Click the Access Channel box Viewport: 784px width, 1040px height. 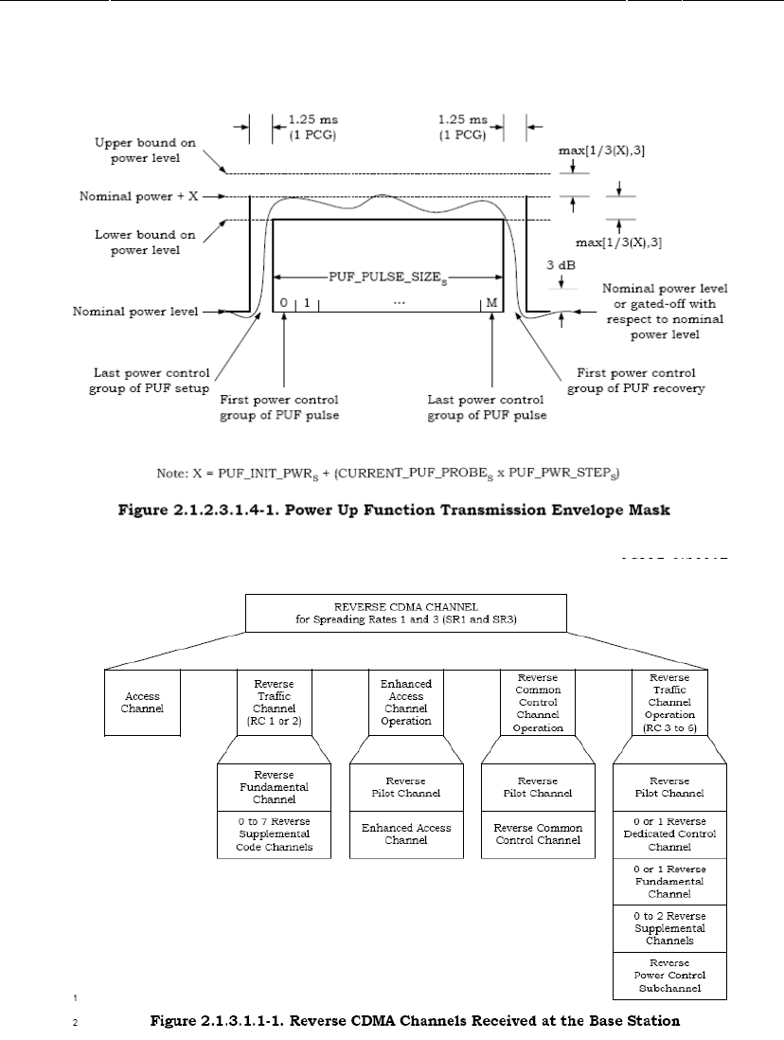pyautogui.click(x=141, y=702)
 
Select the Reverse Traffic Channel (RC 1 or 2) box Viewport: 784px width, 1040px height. pyautogui.click(x=274, y=702)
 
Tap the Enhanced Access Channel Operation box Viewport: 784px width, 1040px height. pyautogui.click(x=406, y=702)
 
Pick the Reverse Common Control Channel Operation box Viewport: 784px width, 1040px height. pyautogui.click(x=538, y=702)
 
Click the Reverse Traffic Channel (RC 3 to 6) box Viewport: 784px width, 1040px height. pyautogui.click(x=670, y=702)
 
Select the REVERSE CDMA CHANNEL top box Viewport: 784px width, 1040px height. pyautogui.click(x=405, y=613)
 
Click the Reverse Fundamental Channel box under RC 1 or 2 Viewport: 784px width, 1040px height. pyautogui.click(x=274, y=787)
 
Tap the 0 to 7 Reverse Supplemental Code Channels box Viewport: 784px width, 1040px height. pyautogui.click(x=274, y=834)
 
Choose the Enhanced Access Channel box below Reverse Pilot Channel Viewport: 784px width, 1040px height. pyautogui.click(x=406, y=834)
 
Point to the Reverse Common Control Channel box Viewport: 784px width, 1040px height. pyautogui.click(x=538, y=834)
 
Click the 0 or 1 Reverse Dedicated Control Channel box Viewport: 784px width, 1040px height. pyautogui.click(x=670, y=834)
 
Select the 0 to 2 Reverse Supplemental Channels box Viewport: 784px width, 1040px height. pyautogui.click(x=670, y=928)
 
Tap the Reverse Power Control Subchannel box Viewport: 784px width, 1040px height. pyautogui.click(x=670, y=976)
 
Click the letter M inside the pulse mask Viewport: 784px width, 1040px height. pyautogui.click(x=491, y=303)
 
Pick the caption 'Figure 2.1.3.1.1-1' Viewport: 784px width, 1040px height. pyautogui.click(x=417, y=1021)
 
